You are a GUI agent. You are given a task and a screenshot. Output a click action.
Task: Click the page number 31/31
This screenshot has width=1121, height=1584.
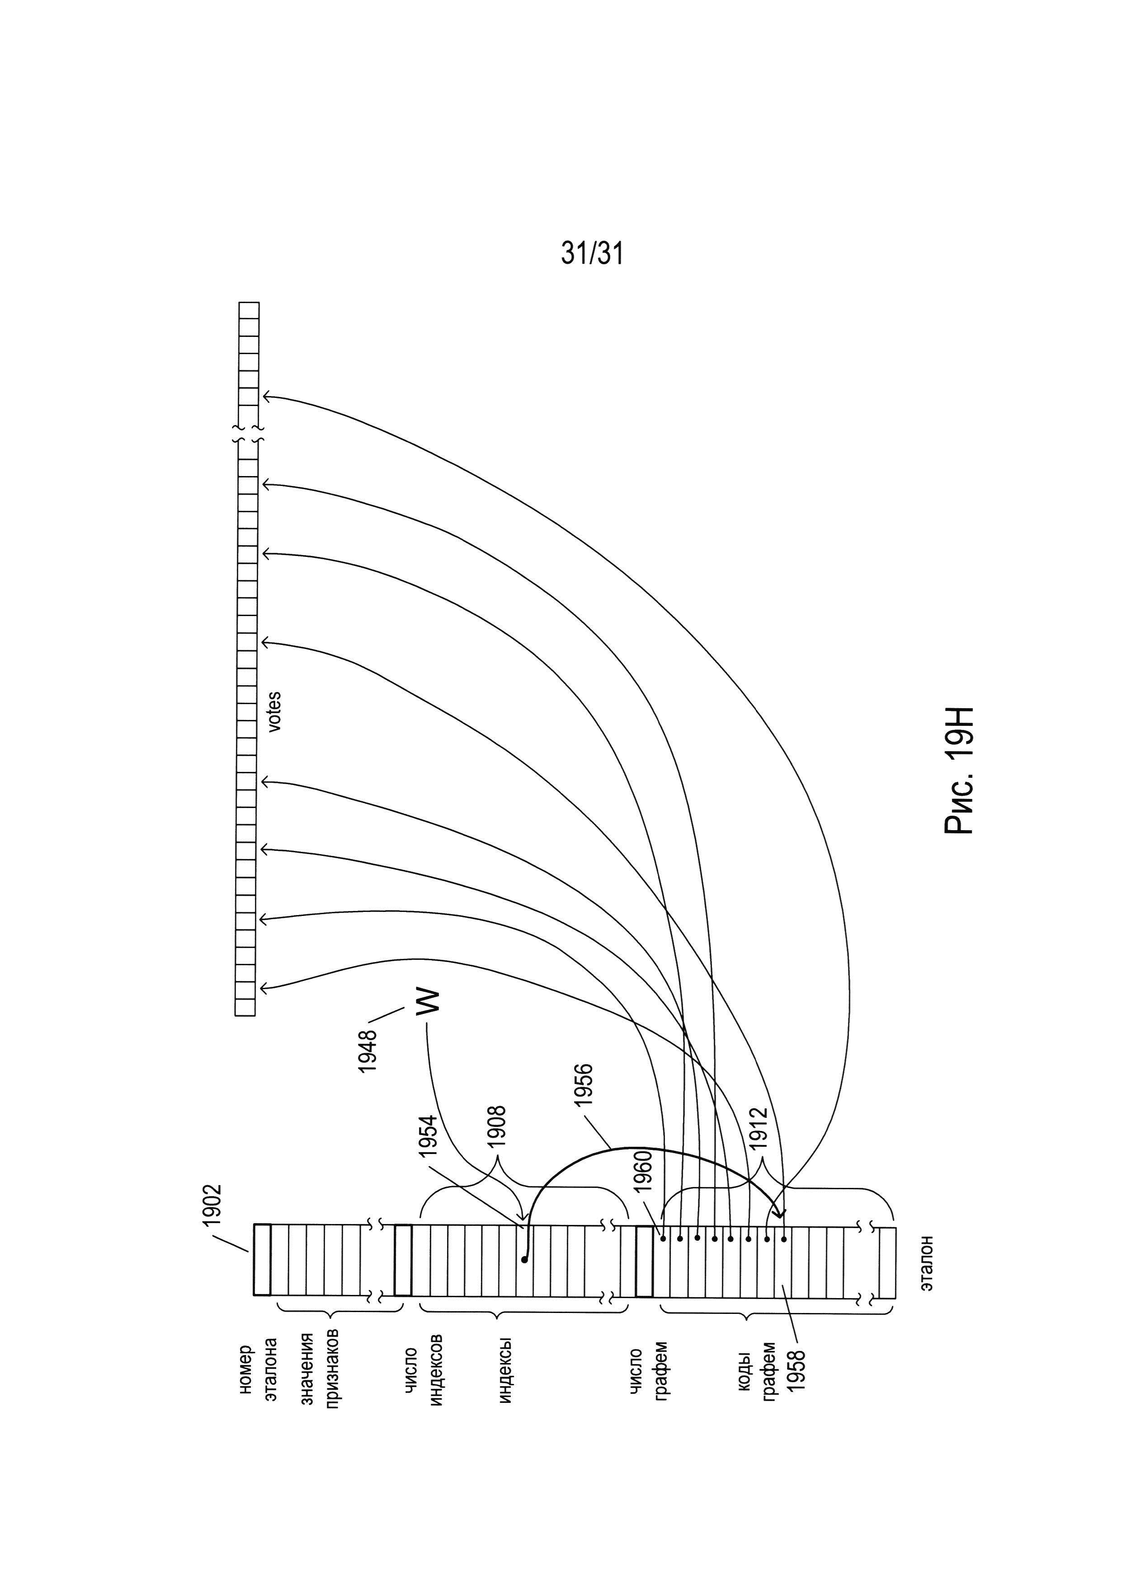point(592,254)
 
